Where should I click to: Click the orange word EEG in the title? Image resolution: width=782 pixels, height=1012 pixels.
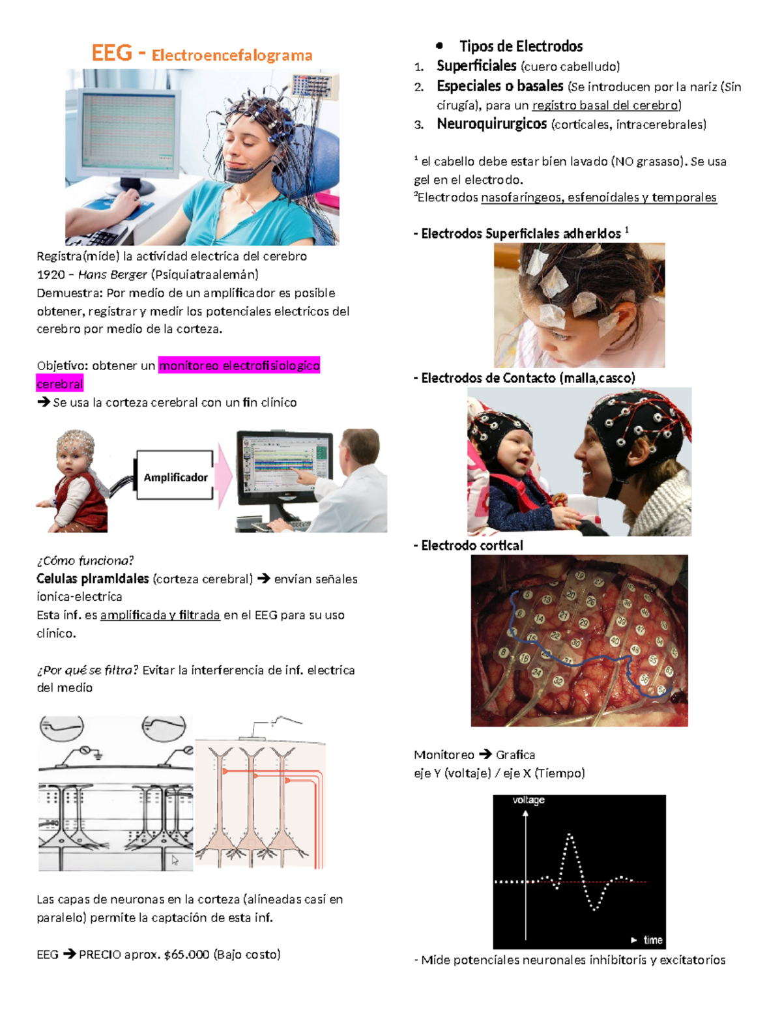click(x=112, y=53)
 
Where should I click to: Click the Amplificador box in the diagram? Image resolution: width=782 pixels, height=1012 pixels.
click(x=175, y=477)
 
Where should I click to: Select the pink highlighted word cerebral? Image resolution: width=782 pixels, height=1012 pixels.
click(x=59, y=384)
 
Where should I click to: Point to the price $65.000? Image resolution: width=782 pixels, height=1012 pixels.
click(x=186, y=955)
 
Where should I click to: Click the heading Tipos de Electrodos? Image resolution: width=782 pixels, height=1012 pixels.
click(x=521, y=46)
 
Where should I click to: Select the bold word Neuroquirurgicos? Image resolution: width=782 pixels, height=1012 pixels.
click(x=491, y=124)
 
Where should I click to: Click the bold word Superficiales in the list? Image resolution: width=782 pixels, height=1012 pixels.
click(x=476, y=66)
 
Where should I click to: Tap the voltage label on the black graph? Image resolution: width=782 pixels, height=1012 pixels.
click(x=529, y=800)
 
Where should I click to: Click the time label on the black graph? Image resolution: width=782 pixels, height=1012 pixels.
click(x=652, y=940)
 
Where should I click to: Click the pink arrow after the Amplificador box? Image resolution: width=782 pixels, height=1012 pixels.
click(x=224, y=477)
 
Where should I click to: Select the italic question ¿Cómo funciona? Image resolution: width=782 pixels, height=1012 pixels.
click(x=85, y=560)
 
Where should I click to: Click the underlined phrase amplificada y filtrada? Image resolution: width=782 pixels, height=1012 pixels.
click(x=160, y=615)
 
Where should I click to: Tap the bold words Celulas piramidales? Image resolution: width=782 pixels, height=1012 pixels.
click(x=93, y=579)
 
